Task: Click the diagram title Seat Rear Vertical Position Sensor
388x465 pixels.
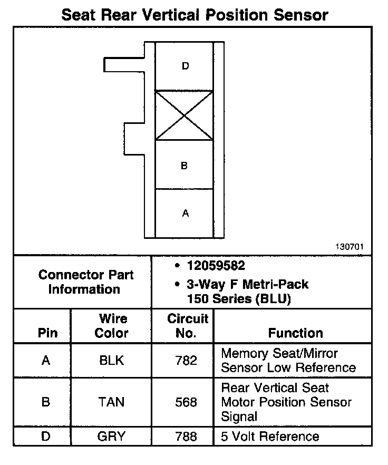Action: pyautogui.click(x=195, y=14)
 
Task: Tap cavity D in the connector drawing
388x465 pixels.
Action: pyautogui.click(x=185, y=66)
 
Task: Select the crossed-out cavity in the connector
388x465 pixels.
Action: pyautogui.click(x=184, y=115)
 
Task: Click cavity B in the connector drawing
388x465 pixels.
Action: pyautogui.click(x=184, y=166)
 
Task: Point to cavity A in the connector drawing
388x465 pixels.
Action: pyautogui.click(x=185, y=214)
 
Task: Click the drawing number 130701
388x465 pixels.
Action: pyautogui.click(x=349, y=246)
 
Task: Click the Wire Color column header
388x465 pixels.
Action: pyautogui.click(x=111, y=326)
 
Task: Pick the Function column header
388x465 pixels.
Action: pyautogui.click(x=295, y=333)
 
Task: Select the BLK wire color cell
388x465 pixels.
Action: pyautogui.click(x=111, y=361)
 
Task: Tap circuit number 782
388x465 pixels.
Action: pyautogui.click(x=187, y=361)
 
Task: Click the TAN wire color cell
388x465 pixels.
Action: pyautogui.click(x=111, y=402)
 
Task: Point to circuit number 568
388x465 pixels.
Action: pyautogui.click(x=187, y=402)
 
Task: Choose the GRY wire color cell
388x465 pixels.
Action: pyautogui.click(x=111, y=437)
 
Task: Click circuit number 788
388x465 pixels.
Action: pyautogui.click(x=187, y=437)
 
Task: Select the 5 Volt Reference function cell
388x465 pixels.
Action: pyautogui.click(x=270, y=437)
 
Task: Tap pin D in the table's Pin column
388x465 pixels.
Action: pyautogui.click(x=46, y=437)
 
